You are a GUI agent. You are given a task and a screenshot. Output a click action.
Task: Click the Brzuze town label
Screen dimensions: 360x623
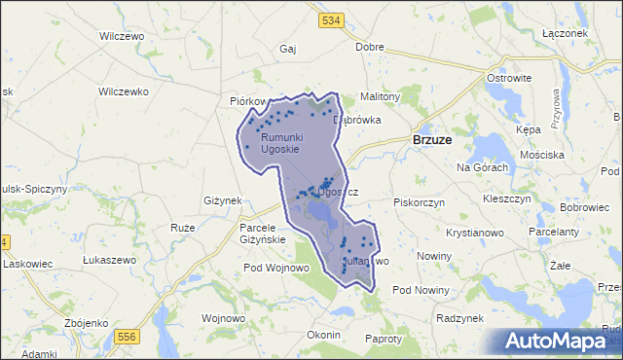click(x=431, y=139)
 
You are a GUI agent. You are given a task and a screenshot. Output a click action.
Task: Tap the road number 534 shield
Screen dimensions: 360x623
click(x=332, y=20)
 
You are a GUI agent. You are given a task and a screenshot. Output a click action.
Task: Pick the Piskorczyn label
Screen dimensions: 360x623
click(x=419, y=202)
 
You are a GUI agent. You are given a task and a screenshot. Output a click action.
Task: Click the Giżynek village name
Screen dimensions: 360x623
click(x=222, y=200)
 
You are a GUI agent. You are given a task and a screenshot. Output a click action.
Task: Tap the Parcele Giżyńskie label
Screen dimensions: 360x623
click(x=262, y=234)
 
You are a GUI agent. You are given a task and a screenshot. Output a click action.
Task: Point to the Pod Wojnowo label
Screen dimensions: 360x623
click(x=275, y=268)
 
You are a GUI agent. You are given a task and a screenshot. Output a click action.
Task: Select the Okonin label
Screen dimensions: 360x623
click(x=322, y=335)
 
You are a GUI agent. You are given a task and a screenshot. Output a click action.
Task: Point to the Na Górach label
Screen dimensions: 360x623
click(x=483, y=167)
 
